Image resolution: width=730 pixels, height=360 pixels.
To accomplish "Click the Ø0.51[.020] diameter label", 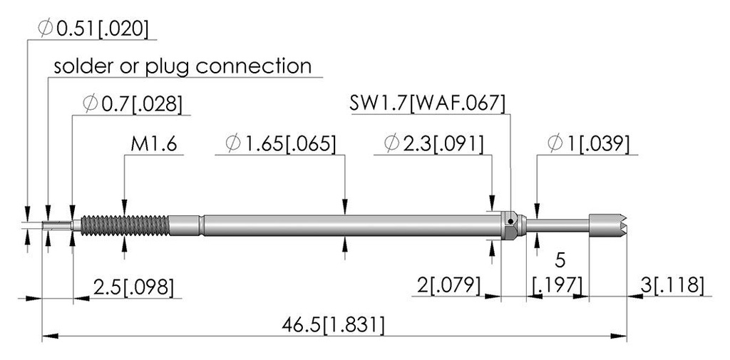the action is (x=93, y=29).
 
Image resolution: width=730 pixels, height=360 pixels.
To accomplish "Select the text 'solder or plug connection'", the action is (x=182, y=66).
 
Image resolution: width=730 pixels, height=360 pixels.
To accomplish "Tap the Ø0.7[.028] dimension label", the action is (x=132, y=104).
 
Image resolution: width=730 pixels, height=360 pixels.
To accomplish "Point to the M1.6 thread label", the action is (x=154, y=144).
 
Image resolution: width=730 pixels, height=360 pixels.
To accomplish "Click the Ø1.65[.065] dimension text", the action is (x=280, y=144).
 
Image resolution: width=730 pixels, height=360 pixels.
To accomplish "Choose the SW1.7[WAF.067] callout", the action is (x=427, y=103).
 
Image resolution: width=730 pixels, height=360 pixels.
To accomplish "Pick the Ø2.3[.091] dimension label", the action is (x=434, y=144).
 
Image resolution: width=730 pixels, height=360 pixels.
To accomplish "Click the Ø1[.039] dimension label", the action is (x=588, y=144).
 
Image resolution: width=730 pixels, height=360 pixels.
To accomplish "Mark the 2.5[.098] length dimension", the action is (x=133, y=287).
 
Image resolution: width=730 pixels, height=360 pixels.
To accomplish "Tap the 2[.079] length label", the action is (x=448, y=285).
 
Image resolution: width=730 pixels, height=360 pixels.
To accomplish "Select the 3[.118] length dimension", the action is (x=672, y=285).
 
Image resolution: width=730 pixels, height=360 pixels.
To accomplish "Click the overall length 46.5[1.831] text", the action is (x=334, y=324).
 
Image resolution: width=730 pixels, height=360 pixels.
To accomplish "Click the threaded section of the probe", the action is (x=125, y=225).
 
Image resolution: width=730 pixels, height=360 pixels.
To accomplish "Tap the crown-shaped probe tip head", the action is (x=607, y=225).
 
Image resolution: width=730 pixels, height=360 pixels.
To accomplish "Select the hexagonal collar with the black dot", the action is (x=510, y=225).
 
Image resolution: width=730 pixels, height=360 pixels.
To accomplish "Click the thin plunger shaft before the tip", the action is (x=557, y=225).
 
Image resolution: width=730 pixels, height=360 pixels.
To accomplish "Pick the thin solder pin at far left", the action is (x=56, y=225).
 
